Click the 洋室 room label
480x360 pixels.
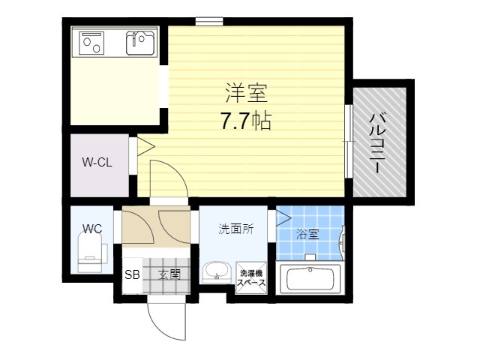pyautogui.click(x=247, y=93)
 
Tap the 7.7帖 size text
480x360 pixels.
pyautogui.click(x=246, y=121)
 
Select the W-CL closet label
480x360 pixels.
pyautogui.click(x=97, y=162)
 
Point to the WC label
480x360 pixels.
pyautogui.click(x=92, y=229)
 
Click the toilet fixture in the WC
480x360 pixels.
pyautogui.click(x=90, y=252)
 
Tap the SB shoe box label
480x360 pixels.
pyautogui.click(x=132, y=274)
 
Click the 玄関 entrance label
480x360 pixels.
pyautogui.click(x=169, y=274)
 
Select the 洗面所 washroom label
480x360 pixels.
pyautogui.click(x=236, y=229)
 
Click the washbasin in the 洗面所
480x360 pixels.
pyautogui.click(x=217, y=271)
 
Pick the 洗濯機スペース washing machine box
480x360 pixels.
pyautogui.click(x=251, y=277)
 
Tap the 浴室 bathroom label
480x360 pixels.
pyautogui.click(x=307, y=235)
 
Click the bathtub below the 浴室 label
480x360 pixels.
pyautogui.click(x=309, y=278)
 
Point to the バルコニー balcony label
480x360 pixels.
pyautogui.click(x=378, y=143)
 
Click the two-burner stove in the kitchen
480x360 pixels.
pyautogui.click(x=91, y=43)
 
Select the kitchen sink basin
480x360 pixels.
pyautogui.click(x=140, y=43)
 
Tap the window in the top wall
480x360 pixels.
pyautogui.click(x=209, y=22)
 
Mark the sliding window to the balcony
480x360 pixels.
pyautogui.click(x=349, y=142)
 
